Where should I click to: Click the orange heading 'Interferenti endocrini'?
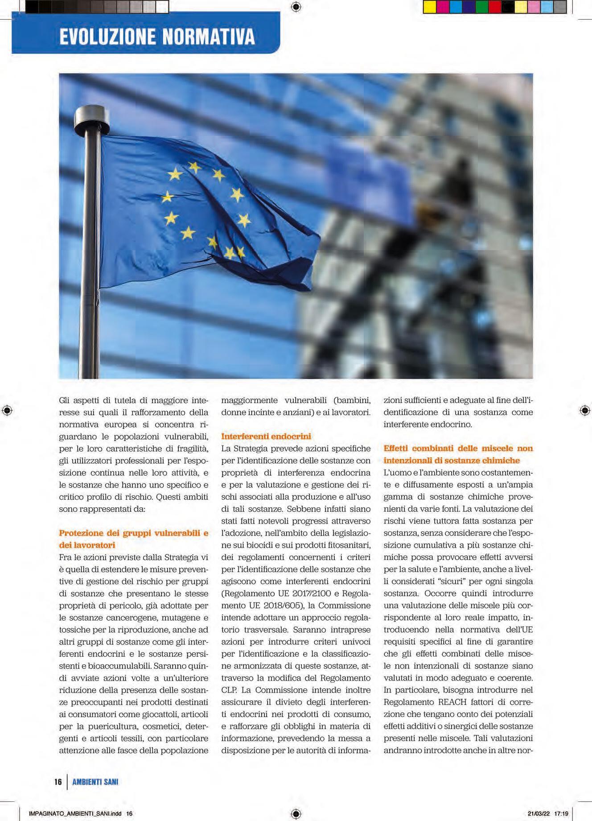click(x=266, y=436)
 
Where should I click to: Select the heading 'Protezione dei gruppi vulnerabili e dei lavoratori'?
click(x=133, y=539)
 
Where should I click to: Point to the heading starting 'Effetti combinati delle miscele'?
click(x=458, y=454)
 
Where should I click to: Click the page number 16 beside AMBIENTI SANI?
click(x=58, y=781)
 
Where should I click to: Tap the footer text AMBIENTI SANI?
click(x=95, y=781)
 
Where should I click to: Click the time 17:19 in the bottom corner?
click(x=561, y=813)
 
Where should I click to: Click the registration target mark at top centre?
click(x=296, y=7)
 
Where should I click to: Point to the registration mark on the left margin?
click(x=7, y=410)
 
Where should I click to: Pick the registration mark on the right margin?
click(x=585, y=410)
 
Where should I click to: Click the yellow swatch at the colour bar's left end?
click(x=430, y=7)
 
